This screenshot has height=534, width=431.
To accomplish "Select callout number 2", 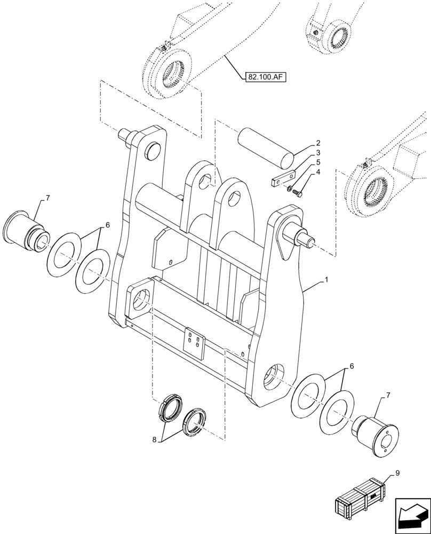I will (x=317, y=143).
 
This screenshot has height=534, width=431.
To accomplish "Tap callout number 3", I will (x=317, y=153).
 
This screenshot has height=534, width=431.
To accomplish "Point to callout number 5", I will (x=317, y=162).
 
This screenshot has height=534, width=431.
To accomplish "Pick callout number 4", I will (x=317, y=172).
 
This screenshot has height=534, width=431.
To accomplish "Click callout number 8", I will (x=155, y=441).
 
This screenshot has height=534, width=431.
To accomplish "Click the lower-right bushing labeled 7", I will (x=378, y=435).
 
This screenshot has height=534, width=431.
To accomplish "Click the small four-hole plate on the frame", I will (x=194, y=342).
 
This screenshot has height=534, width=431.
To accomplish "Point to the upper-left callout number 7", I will (x=47, y=198).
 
